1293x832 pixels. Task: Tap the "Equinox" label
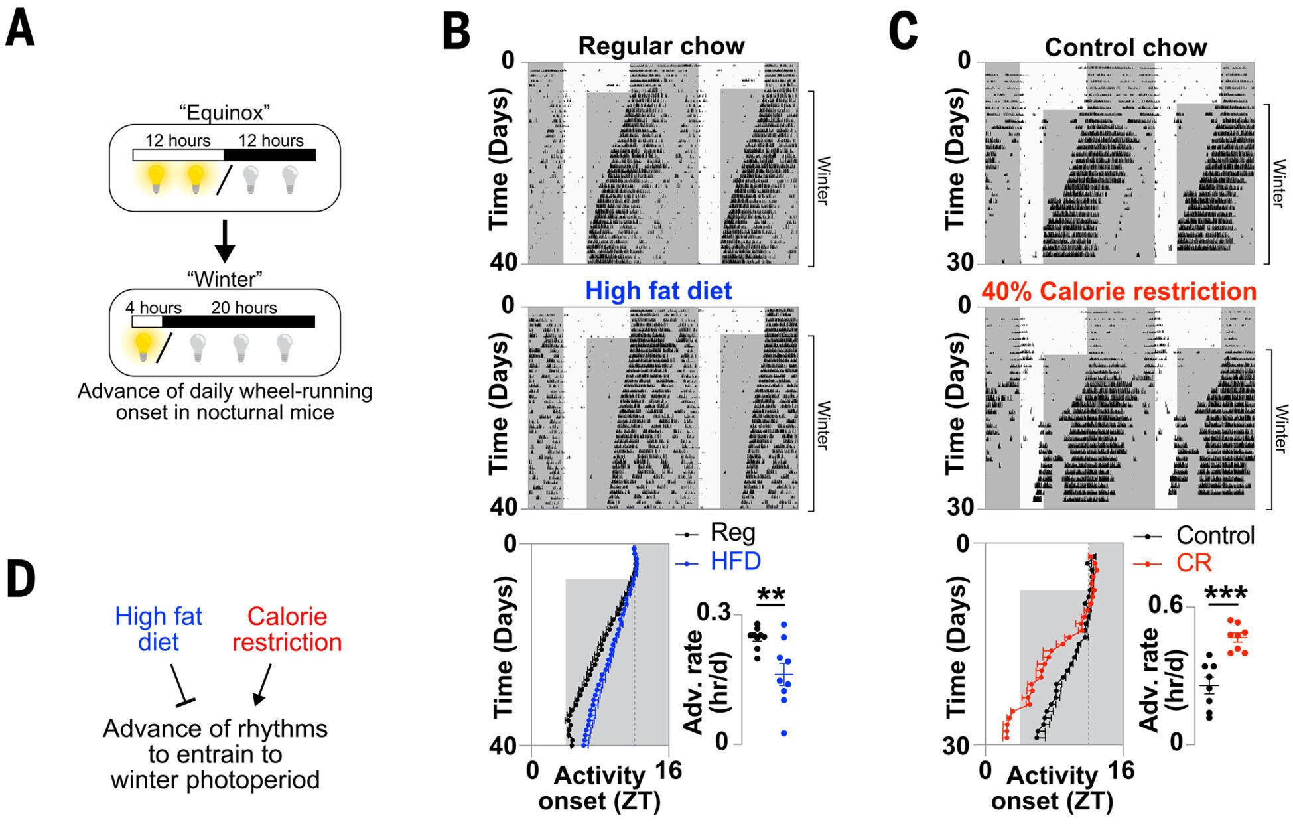[225, 112]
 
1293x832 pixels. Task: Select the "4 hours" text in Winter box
[153, 308]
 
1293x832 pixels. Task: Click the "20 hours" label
[244, 308]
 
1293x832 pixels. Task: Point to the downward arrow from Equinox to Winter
[225, 240]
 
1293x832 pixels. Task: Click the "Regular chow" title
[661, 46]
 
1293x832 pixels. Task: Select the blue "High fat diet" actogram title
[658, 291]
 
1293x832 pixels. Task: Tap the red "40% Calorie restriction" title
[1119, 291]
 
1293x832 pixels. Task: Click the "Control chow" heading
[1125, 47]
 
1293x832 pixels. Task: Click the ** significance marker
[771, 594]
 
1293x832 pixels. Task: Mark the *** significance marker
[1225, 593]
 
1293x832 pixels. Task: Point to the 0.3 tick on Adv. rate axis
[713, 612]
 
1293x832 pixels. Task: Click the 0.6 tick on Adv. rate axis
[1165, 604]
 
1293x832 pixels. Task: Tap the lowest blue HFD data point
[784, 733]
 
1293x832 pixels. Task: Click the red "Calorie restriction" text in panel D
[287, 629]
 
